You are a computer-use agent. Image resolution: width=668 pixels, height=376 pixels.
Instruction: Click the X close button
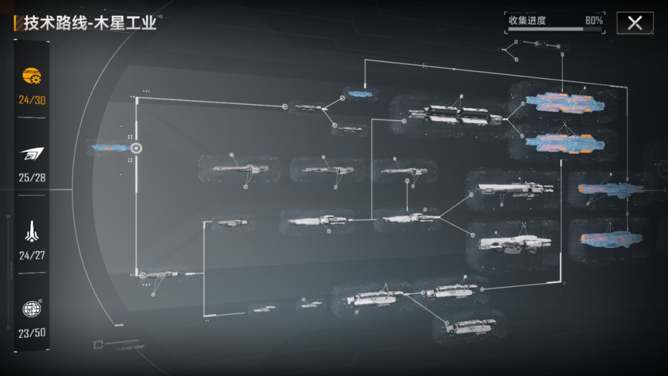pos(635,23)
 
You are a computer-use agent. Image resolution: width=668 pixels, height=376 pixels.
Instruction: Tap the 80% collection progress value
pos(594,20)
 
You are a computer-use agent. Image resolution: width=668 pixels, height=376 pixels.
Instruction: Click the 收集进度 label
pos(527,20)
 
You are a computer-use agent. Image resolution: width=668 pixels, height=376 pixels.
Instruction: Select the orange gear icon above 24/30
pos(32,76)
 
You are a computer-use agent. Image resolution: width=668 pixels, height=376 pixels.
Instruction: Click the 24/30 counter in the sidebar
pos(32,100)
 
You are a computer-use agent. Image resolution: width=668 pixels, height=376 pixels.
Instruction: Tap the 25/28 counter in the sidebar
pos(32,177)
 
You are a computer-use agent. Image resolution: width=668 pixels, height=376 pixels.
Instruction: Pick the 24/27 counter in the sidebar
pos(32,255)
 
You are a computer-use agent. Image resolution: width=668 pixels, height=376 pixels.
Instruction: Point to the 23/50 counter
pos(32,333)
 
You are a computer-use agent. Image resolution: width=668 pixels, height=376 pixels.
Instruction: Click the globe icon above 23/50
pos(32,308)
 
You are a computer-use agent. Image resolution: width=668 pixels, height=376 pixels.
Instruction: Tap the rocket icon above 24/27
pos(32,231)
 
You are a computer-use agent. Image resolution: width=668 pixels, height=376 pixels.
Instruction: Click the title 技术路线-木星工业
pos(90,23)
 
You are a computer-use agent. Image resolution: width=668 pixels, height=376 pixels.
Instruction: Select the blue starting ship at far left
pos(110,148)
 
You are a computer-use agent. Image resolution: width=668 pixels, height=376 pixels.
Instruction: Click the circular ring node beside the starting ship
pos(136,148)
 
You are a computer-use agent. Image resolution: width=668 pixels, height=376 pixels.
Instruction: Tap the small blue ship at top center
pos(359,94)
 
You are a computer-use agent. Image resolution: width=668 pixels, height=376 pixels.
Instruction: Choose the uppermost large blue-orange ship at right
pos(563,103)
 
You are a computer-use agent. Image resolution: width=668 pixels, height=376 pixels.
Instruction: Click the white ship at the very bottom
pos(471,326)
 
